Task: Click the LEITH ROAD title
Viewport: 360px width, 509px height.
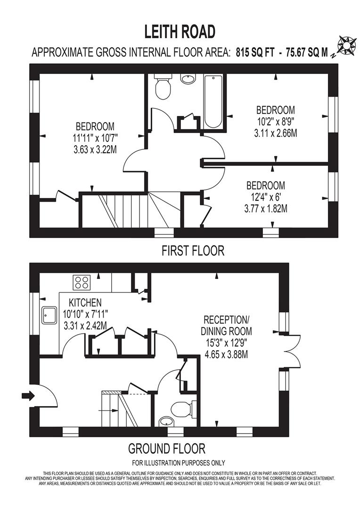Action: coord(180,32)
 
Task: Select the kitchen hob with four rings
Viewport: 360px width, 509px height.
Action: coord(82,282)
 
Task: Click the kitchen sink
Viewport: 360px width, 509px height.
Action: coord(49,315)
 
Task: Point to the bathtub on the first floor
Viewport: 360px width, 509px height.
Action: coord(213,102)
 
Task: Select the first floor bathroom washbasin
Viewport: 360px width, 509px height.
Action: coord(188,79)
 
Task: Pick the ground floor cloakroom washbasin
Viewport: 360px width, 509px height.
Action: coord(167,422)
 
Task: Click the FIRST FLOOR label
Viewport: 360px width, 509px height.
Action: coord(193,251)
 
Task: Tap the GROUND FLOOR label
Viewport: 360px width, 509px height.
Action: coord(167,449)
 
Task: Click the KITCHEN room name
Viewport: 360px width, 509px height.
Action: coord(85,303)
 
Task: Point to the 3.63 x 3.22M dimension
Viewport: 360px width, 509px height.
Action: coord(95,150)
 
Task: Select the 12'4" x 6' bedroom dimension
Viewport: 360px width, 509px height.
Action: coord(266,197)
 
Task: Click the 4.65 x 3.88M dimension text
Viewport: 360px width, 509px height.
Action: coord(226,354)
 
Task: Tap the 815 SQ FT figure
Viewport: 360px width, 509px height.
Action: coord(255,52)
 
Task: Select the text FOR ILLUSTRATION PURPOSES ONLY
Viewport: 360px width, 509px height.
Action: coord(178,463)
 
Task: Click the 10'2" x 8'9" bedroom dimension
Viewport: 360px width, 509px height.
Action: coord(276,122)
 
